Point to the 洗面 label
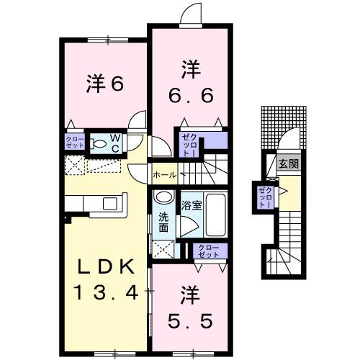(163, 223)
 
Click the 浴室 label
(191, 205)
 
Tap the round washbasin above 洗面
(164, 197)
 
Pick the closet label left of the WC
(74, 143)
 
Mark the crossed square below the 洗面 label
(163, 249)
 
